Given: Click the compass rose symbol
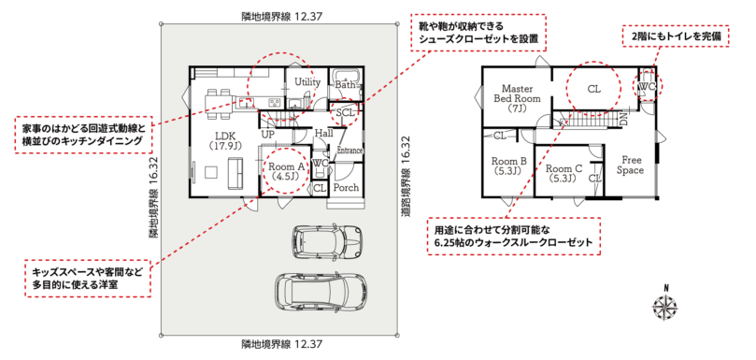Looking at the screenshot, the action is (665, 306).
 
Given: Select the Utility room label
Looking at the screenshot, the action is (307, 82).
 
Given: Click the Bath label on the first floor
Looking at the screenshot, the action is (344, 85).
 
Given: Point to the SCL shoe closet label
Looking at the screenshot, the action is (346, 112).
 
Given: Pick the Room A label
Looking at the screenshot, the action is (284, 171).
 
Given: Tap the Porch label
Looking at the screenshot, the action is (346, 187).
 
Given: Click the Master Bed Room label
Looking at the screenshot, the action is (518, 98).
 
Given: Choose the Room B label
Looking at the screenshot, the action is (509, 166).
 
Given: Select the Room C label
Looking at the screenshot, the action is (564, 173).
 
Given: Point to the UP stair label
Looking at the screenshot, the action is (267, 134).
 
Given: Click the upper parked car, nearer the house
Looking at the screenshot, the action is (327, 239).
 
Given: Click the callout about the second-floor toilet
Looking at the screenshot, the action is (675, 36).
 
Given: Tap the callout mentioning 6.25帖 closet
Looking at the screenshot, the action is (514, 236).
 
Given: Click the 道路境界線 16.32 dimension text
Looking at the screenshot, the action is (406, 175).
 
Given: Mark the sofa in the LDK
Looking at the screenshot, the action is (236, 174).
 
